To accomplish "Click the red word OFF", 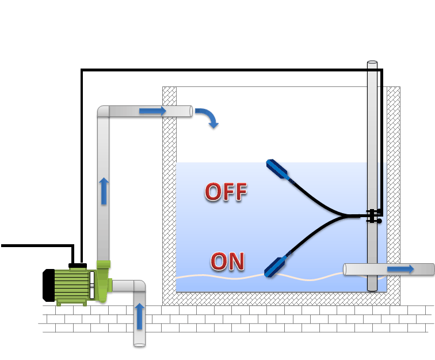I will (x=226, y=192).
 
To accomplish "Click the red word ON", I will (x=228, y=261).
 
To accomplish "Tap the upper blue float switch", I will (x=280, y=170).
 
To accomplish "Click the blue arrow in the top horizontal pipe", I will (x=152, y=111).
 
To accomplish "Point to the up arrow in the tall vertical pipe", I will (x=104, y=191).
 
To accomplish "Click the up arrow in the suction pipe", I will (x=139, y=316).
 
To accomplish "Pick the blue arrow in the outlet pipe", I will (x=400, y=269).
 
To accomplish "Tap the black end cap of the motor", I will (x=48, y=285).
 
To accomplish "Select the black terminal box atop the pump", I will (x=77, y=266).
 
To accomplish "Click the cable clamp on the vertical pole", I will (x=373, y=216).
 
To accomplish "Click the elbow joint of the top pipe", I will (x=104, y=111).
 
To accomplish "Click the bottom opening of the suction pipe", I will (x=139, y=344).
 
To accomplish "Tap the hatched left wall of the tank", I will (x=169, y=190).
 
